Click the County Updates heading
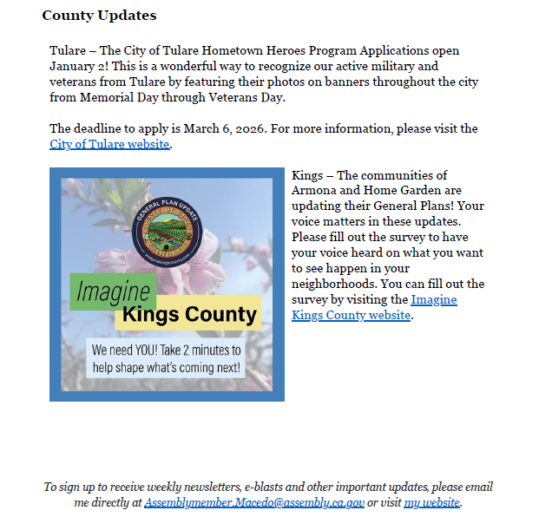coord(99,16)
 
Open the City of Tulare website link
coord(109,145)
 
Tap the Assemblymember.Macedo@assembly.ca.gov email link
coord(254,503)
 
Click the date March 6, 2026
coord(224,129)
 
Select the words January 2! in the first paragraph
coord(80,66)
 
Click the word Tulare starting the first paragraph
coord(68,51)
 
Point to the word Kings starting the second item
coord(307,175)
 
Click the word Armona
coord(313,191)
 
